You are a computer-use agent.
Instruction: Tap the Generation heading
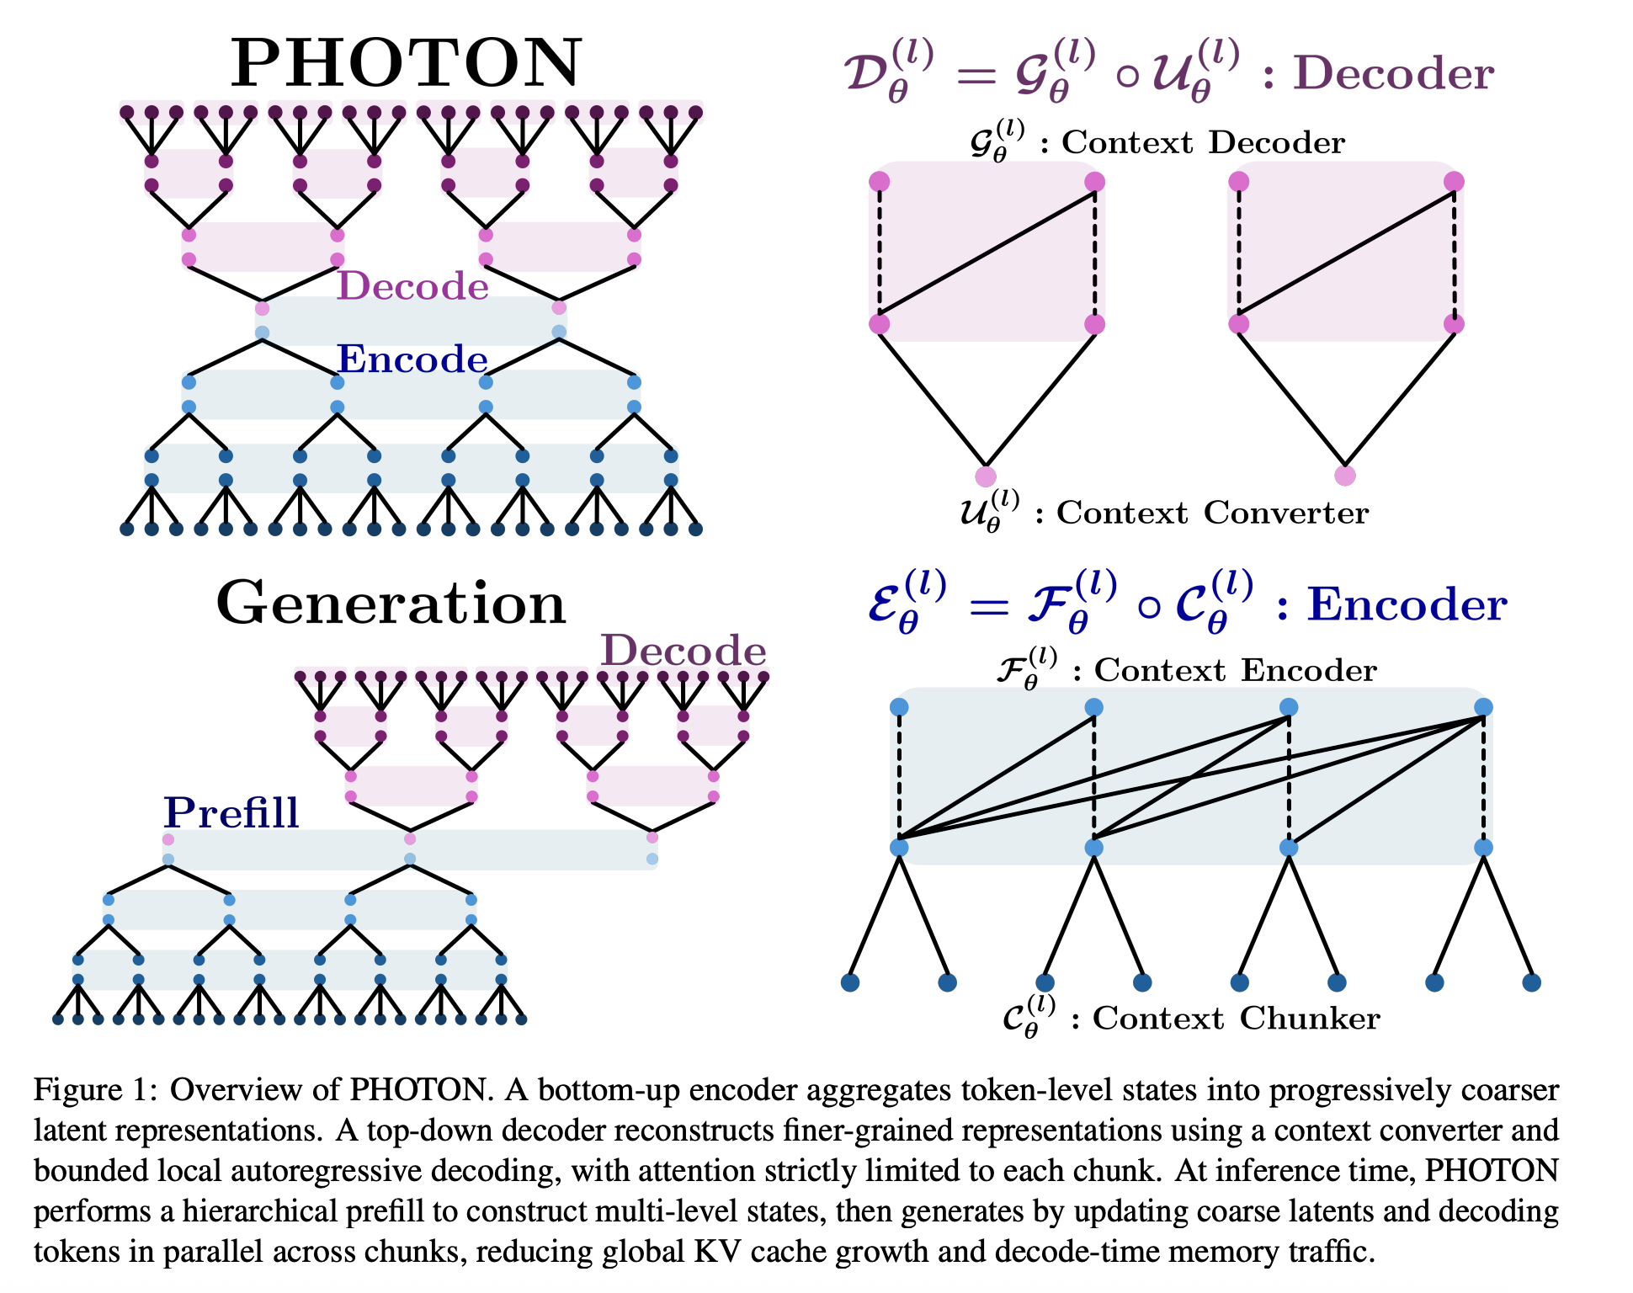click(391, 604)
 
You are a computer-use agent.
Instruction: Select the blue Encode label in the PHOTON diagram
click(412, 359)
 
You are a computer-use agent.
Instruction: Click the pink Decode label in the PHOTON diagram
click(412, 286)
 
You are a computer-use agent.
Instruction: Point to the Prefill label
click(231, 812)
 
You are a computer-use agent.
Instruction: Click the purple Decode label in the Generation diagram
click(683, 651)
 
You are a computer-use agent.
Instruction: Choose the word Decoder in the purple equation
click(1393, 73)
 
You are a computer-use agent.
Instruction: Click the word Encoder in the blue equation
click(1406, 604)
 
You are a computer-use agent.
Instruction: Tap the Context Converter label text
click(1212, 513)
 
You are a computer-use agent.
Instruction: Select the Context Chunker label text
click(1236, 1019)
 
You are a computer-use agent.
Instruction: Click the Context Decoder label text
click(1203, 142)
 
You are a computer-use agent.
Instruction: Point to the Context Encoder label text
click(1235, 670)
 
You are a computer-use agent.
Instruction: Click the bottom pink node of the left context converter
click(986, 476)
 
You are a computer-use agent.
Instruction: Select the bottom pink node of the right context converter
click(1345, 476)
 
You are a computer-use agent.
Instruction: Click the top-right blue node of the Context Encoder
click(1483, 707)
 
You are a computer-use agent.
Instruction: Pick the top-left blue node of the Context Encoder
click(899, 707)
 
